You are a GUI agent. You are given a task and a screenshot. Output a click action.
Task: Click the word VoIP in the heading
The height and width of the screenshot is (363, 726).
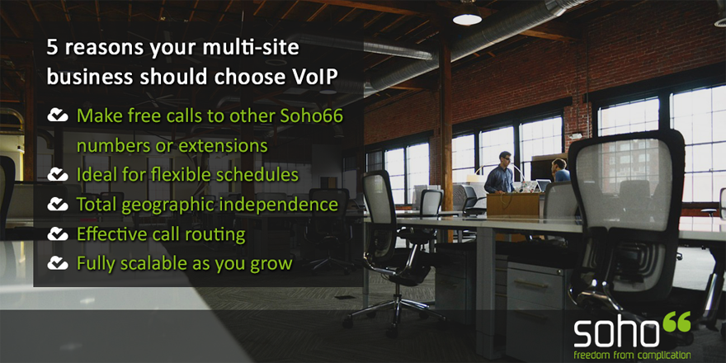[311, 77]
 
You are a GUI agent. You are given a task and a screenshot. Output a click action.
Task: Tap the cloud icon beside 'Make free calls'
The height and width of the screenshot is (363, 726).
[58, 115]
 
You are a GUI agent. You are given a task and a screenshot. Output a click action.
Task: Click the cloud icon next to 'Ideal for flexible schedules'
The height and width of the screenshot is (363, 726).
[58, 175]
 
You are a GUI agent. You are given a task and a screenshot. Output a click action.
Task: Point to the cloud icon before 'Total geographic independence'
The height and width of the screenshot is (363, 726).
[58, 204]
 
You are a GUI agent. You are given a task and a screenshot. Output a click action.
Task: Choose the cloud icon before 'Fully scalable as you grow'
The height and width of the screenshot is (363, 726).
[58, 263]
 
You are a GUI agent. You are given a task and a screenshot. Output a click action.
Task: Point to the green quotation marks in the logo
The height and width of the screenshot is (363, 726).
[676, 321]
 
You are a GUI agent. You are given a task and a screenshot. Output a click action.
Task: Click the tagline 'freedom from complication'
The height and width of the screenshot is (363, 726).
[632, 356]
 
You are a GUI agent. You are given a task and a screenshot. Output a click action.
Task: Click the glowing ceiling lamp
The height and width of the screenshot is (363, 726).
[467, 18]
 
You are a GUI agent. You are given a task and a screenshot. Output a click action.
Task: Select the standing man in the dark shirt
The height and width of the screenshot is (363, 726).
[499, 172]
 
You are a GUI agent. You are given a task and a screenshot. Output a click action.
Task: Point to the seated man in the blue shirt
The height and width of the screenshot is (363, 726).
[560, 170]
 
